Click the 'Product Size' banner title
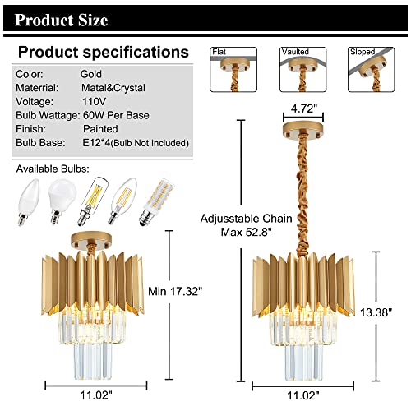click(x=62, y=20)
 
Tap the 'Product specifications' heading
click(x=104, y=52)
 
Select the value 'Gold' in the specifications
click(x=91, y=74)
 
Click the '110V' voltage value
click(x=94, y=101)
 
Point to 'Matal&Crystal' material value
click(x=113, y=88)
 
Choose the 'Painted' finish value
click(x=100, y=129)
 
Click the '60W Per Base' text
click(x=116, y=115)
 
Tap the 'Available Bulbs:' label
click(x=53, y=169)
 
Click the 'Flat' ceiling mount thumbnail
click(x=233, y=70)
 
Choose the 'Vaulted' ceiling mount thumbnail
click(x=303, y=70)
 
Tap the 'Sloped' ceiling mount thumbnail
click(x=372, y=70)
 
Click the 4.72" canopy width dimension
click(x=304, y=109)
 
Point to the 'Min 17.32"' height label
click(x=175, y=291)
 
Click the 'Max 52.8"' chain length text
click(x=246, y=233)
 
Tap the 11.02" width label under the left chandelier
click(x=96, y=395)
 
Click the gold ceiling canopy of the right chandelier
click(x=302, y=129)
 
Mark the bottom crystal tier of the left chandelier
click(x=93, y=360)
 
